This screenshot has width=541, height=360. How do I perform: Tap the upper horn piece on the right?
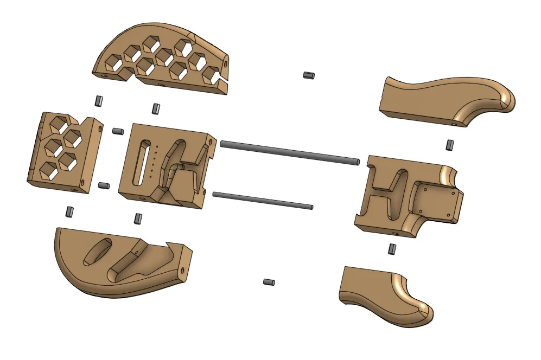coord(445,100)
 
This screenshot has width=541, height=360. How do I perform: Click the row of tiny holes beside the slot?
coord(154,160)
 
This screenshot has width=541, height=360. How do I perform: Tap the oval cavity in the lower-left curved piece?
coord(98,252)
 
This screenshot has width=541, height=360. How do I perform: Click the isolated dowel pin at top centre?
coord(309,75)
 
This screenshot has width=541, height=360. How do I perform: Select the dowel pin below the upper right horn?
coord(449,145)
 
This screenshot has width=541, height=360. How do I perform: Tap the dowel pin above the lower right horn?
coord(392,249)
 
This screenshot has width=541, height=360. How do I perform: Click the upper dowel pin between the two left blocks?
coord(118,131)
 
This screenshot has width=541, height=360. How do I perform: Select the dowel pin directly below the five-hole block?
coord(69,211)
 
